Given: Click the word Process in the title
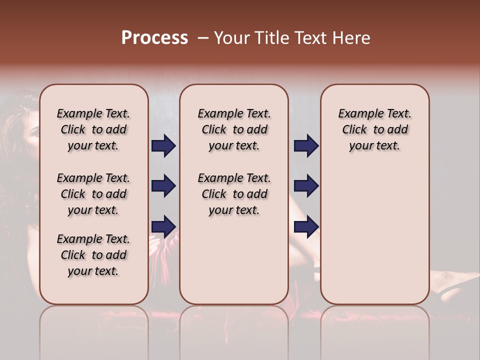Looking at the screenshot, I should coord(154,38).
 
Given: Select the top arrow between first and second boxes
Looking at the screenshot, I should coord(163,146).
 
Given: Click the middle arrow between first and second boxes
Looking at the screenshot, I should coord(163,186).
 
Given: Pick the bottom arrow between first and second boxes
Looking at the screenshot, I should coord(163,226).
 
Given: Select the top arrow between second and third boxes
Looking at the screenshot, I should coord(306,146).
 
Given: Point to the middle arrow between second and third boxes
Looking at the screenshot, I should coord(306,186).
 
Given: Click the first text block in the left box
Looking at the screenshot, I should coord(93,129).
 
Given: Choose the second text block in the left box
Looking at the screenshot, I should coord(93,194).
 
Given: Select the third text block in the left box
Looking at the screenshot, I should coord(93,255).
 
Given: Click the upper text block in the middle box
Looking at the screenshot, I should coord(234,129).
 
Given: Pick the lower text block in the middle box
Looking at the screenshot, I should coord(234,194).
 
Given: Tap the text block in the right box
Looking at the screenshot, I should coord(375,129).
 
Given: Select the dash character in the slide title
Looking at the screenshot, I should coord(203,38).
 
